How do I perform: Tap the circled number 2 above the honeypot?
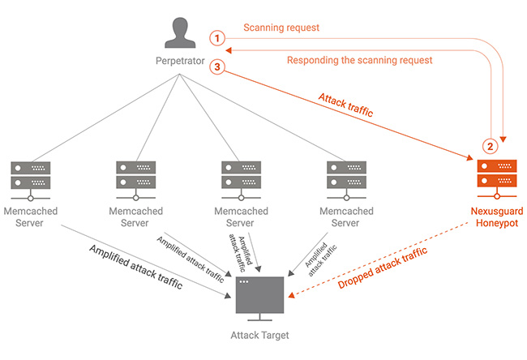489,148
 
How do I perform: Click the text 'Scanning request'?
281,28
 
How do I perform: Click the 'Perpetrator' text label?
178,62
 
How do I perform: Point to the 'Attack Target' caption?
259,336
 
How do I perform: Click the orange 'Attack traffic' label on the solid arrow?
345,106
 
